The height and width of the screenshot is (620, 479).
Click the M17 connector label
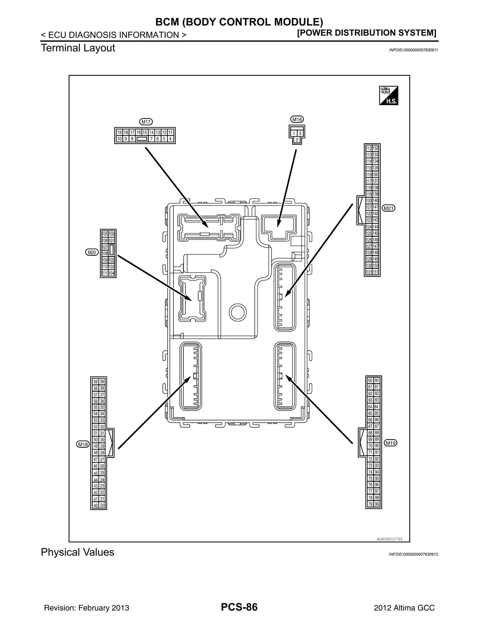(146, 122)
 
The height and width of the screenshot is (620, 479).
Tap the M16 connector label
(297, 120)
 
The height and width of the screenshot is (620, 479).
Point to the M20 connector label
(92, 252)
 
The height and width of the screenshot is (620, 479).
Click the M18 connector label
(83, 444)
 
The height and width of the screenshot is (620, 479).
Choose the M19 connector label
(390, 443)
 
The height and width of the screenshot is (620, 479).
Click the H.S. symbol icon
(388, 95)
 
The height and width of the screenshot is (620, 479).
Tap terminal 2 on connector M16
(297, 140)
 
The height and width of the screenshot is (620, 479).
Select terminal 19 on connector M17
(119, 132)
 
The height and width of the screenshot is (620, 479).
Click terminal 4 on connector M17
(170, 139)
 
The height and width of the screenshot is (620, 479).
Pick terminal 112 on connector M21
(369, 148)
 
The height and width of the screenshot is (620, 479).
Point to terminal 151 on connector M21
(375, 272)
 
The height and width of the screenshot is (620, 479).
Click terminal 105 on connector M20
(105, 234)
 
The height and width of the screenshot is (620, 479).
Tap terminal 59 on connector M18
(96, 382)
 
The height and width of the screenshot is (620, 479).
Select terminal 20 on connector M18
(102, 505)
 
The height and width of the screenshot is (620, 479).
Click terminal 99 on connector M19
(377, 504)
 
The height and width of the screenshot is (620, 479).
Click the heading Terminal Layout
(78, 48)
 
